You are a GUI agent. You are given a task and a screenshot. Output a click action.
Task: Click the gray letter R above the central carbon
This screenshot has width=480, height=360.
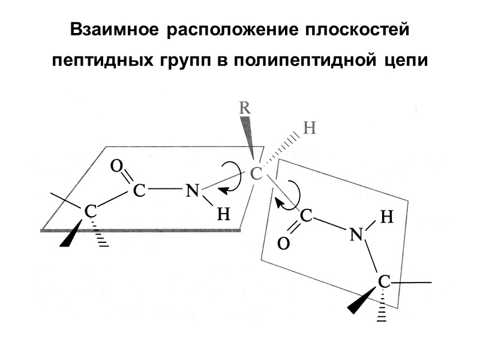(x=245, y=108)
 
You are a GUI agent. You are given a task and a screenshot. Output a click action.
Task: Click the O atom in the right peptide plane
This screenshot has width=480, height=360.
(x=284, y=244)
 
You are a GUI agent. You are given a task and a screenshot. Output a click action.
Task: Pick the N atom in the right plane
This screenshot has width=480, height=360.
(x=356, y=235)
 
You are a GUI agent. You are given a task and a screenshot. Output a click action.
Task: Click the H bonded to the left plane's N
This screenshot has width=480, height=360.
(x=223, y=214)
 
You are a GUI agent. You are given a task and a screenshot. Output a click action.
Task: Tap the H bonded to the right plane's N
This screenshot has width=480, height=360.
(x=387, y=217)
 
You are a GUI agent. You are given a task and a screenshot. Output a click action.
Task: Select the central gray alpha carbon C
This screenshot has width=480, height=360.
(x=256, y=174)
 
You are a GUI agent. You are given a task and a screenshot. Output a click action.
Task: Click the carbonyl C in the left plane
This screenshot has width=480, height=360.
(x=139, y=191)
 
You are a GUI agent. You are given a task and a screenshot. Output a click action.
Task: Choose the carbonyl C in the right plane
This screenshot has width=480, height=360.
(x=306, y=216)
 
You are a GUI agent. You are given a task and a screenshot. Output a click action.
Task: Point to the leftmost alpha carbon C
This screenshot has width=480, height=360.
(x=89, y=211)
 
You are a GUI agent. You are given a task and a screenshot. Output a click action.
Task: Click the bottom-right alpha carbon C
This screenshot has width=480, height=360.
(x=384, y=281)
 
